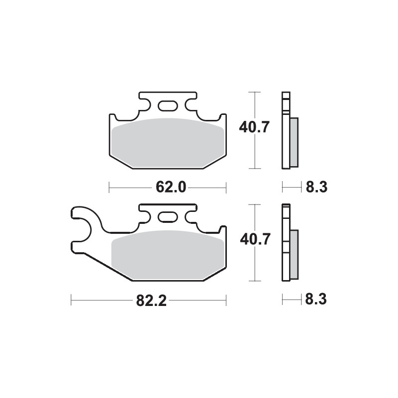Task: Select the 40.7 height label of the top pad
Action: [x=254, y=127]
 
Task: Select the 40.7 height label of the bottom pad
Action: [x=254, y=239]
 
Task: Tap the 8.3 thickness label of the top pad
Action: [x=316, y=188]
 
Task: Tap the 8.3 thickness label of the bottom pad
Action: [x=316, y=300]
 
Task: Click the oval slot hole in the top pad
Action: [x=167, y=105]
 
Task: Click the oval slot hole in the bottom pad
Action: [x=167, y=217]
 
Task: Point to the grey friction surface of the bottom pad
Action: [x=167, y=256]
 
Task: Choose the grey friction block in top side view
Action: [x=294, y=142]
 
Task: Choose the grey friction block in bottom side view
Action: [x=294, y=254]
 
